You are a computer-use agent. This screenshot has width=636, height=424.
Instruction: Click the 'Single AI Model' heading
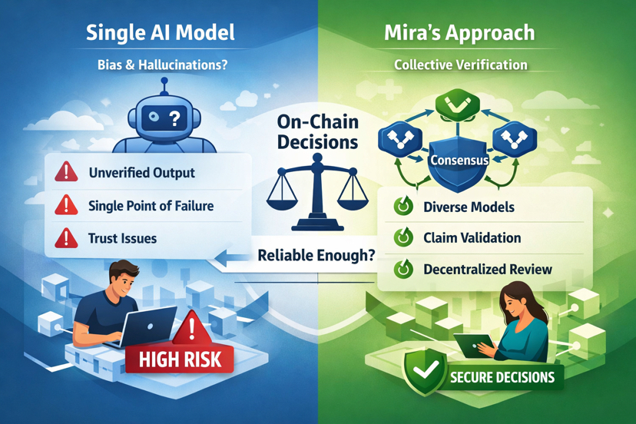tap(161, 33)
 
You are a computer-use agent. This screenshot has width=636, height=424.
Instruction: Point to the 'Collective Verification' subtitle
tap(461, 65)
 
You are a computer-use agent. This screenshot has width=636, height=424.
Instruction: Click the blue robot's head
tap(163, 118)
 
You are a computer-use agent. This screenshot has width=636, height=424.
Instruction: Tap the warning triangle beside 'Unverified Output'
tap(66, 172)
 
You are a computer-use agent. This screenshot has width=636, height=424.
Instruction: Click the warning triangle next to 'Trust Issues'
tap(66, 238)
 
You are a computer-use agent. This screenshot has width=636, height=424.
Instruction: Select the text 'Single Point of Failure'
tap(151, 206)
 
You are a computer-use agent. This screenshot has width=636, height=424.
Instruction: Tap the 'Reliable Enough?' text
tap(316, 255)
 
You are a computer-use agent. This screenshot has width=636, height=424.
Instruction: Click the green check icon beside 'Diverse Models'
tap(402, 207)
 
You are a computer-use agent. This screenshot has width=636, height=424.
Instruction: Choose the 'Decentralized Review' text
tap(488, 270)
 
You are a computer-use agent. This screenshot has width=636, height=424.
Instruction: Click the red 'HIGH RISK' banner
tap(181, 358)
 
